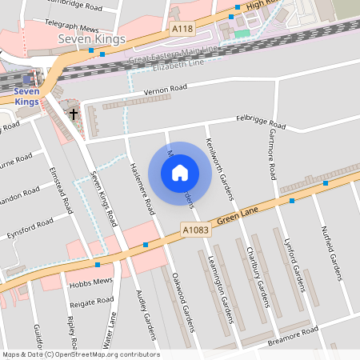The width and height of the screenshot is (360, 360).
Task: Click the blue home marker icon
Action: [180, 171]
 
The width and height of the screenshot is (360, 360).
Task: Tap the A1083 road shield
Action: [194, 230]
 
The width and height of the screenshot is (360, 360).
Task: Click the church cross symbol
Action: [74, 114]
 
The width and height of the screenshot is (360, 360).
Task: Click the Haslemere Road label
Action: [141, 188]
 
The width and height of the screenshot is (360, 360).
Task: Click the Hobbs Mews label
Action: [89, 286]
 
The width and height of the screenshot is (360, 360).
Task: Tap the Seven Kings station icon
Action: [28, 78]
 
